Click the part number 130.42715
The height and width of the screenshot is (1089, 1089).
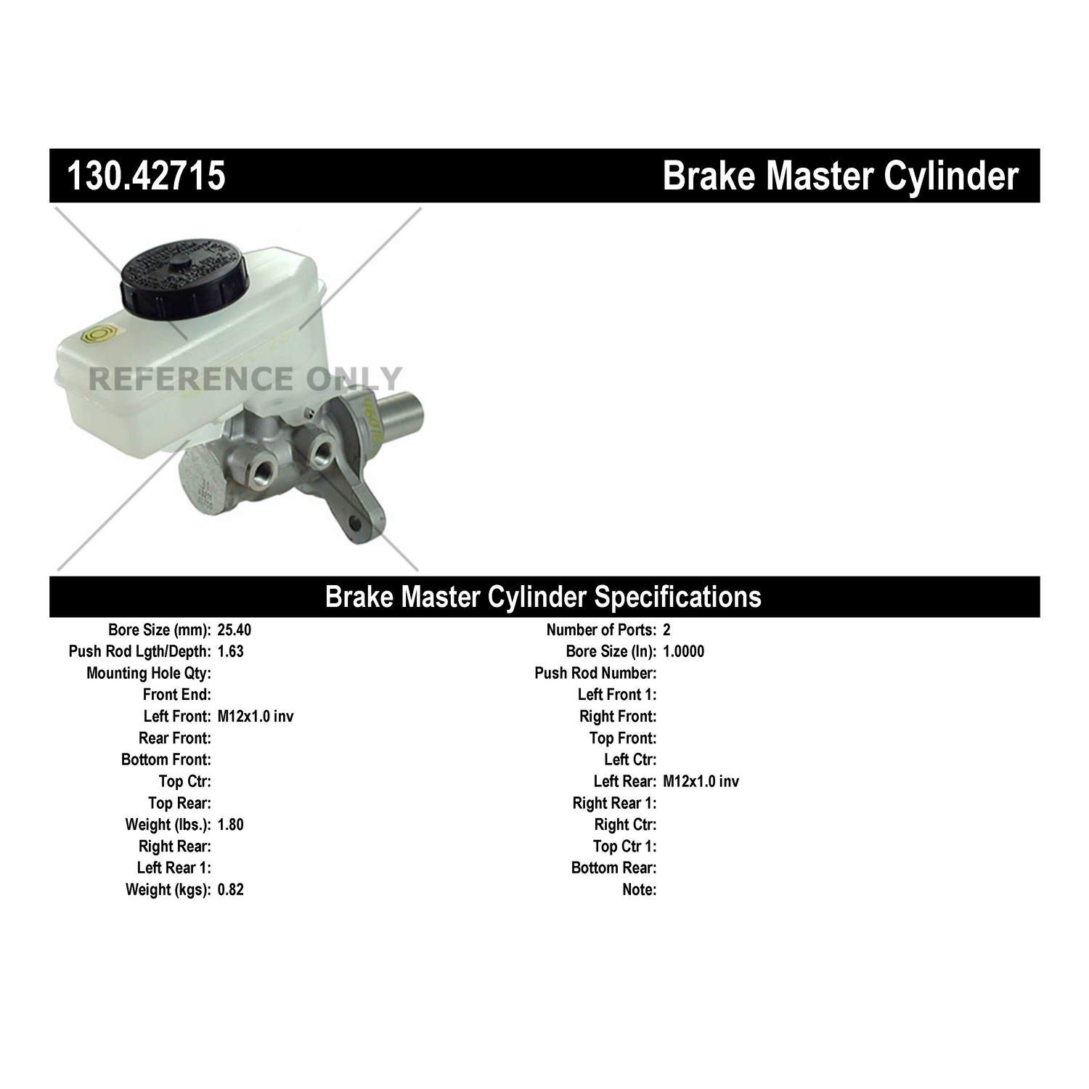[x=146, y=176]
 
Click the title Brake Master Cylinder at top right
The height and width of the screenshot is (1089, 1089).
[x=840, y=176]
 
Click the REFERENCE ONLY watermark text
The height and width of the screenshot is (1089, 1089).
[x=245, y=378]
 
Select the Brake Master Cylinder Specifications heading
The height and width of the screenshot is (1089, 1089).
[x=543, y=596]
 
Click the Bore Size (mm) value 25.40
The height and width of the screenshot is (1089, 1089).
[x=234, y=629]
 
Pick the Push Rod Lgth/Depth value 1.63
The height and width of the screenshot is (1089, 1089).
[x=231, y=651]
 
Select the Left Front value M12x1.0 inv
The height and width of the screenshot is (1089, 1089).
[x=256, y=717]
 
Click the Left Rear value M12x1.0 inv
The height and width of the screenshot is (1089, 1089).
[x=701, y=781]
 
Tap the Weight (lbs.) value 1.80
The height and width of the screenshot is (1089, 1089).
[x=231, y=825]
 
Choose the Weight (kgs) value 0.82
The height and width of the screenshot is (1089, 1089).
[x=231, y=889]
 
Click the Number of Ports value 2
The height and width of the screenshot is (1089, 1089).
[x=667, y=629]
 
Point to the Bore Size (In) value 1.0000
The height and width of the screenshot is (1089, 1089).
[x=683, y=651]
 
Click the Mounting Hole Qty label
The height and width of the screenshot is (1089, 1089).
[x=149, y=673]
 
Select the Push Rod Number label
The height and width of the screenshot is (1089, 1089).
[x=595, y=673]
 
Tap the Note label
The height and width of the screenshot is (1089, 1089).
[x=639, y=889]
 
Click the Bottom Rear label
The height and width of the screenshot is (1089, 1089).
[x=613, y=868]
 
